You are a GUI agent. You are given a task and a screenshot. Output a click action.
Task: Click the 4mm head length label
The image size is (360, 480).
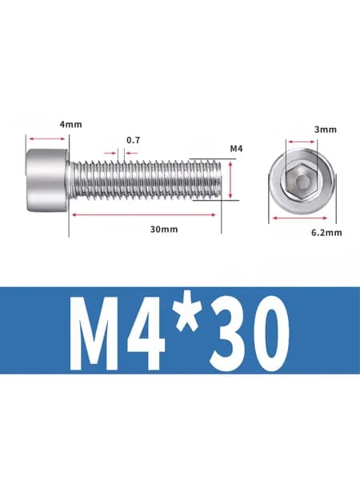coord(70,125)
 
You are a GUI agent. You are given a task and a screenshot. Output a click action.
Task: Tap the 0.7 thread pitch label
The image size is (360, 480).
coord(133,140)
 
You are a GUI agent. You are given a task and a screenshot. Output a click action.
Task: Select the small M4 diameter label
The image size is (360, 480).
coord(236,149)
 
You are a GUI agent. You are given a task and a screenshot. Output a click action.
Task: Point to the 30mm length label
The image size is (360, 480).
coord(164,230)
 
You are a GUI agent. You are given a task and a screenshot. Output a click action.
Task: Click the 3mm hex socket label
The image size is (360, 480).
coord(326,130)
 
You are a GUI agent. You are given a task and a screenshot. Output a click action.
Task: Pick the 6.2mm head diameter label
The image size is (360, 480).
coord(326,233)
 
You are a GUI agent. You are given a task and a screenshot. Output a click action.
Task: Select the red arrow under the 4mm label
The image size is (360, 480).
coord(47,139)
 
